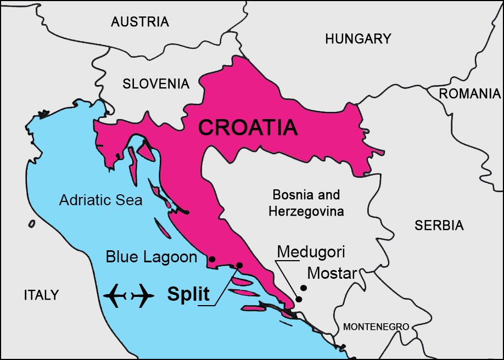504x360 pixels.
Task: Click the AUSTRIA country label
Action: pos(139,22)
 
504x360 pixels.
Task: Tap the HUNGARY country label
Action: pos(358,39)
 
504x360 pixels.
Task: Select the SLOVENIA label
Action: pos(156,84)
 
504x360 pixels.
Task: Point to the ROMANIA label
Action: pos(469,93)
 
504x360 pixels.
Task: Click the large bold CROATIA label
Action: pos(248,127)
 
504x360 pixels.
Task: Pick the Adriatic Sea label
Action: pos(100,200)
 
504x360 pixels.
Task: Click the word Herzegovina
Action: pos(306,211)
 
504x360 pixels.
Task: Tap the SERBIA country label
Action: pos(439,225)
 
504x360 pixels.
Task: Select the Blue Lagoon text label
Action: pos(152,256)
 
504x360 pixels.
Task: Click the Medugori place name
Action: pos(311,252)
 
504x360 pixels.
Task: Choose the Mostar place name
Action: pos(333,273)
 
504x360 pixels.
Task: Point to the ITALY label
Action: pos(41,295)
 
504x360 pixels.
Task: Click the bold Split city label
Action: pos(188,294)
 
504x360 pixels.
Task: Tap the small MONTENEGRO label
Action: pos(376,327)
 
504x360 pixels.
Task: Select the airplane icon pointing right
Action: pos(143,296)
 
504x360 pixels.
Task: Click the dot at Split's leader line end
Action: pos(239,265)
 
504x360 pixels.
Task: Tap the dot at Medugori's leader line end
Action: pos(299,299)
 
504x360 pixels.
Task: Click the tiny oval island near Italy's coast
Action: pos(32,223)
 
